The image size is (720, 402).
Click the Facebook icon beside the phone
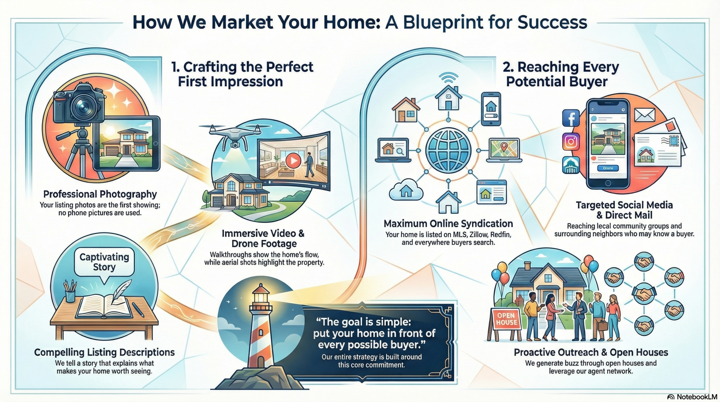coord(571,118)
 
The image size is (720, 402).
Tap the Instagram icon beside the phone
coord(571,142)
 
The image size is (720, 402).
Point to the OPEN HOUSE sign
coord(506,319)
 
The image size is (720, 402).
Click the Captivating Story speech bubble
coord(104,262)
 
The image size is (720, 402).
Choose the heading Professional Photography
coord(100,194)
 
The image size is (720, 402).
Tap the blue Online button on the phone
coord(608,168)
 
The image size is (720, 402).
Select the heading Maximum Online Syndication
coord(448,224)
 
